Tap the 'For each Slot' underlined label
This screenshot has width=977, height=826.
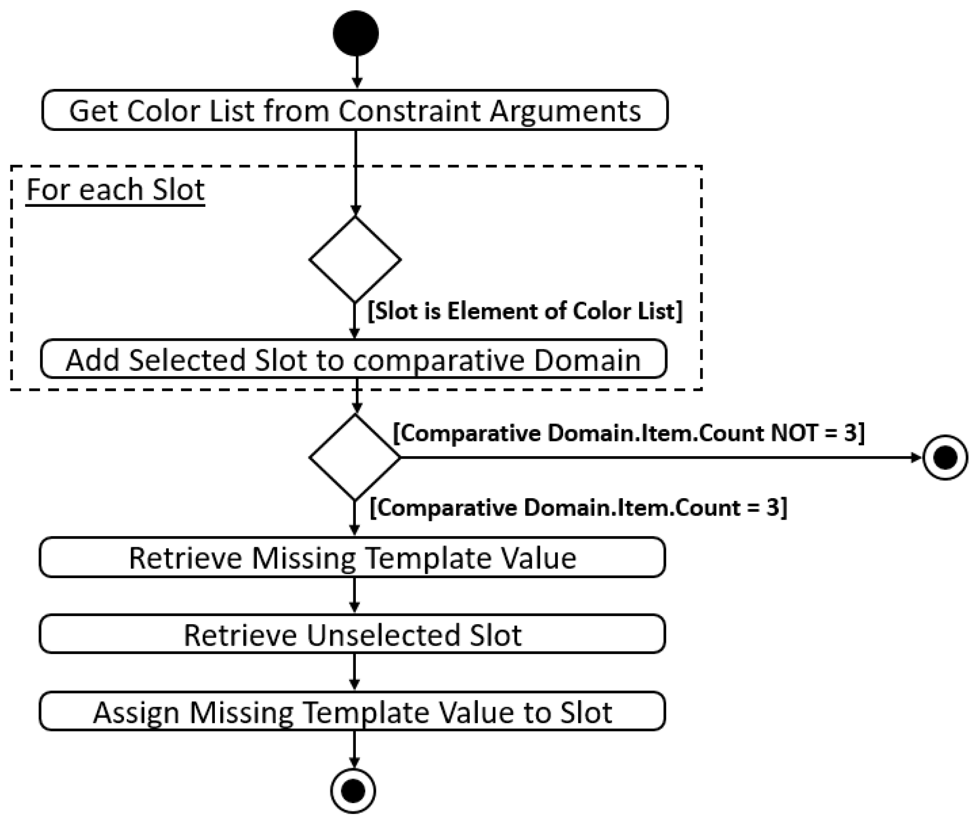[116, 190]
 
